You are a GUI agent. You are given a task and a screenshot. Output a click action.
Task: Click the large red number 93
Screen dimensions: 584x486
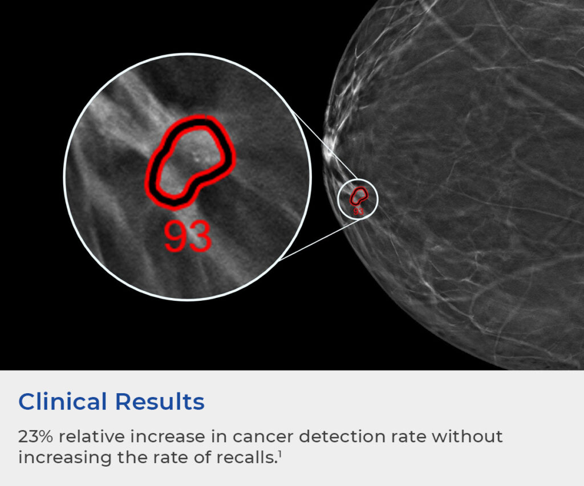188,236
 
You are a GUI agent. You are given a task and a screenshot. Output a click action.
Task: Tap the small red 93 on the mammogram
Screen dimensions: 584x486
358,211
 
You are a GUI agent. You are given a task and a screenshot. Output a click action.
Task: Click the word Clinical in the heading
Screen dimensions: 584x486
63,402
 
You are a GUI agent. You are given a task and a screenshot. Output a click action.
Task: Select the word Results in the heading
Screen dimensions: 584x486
160,402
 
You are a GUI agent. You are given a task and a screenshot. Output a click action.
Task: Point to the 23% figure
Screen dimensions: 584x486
35,436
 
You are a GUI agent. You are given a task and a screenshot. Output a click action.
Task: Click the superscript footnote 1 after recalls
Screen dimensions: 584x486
279,454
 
